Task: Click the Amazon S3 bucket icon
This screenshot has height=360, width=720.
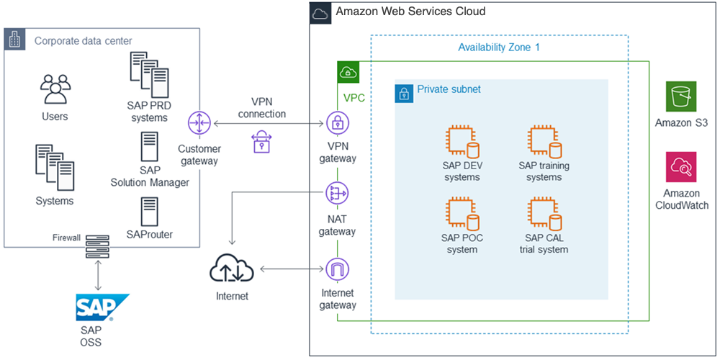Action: click(680, 96)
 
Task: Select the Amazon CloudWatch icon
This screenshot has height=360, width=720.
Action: click(680, 167)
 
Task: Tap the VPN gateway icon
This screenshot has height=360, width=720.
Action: click(338, 122)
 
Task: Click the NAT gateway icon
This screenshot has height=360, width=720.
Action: click(338, 193)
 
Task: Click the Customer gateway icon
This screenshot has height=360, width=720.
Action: click(198, 123)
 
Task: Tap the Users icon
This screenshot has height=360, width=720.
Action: click(55, 89)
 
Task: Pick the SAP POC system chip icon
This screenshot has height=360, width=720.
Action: click(462, 212)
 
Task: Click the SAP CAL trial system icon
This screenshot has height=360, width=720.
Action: click(544, 212)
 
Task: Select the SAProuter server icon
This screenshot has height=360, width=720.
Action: click(150, 210)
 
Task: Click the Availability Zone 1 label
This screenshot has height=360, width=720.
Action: click(498, 48)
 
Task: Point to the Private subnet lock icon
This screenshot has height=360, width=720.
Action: click(404, 93)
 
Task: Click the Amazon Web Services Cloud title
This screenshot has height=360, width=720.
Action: click(410, 12)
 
